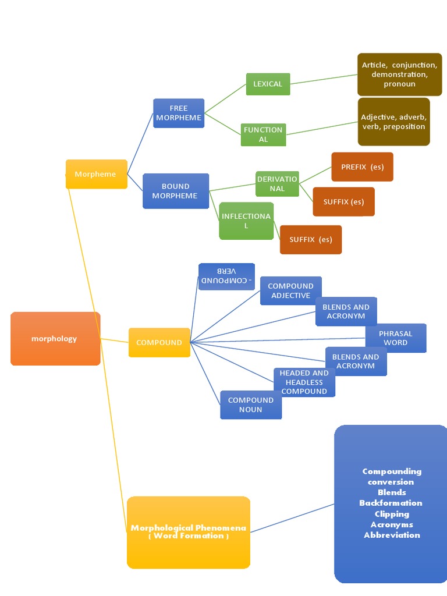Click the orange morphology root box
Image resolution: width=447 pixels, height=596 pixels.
point(55,339)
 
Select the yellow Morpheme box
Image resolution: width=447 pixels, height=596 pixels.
point(96,174)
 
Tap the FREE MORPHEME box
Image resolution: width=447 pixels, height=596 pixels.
point(179,113)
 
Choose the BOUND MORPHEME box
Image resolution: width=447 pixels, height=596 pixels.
point(175,191)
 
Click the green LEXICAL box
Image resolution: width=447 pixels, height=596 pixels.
point(268,84)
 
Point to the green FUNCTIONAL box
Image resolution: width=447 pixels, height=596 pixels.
point(263,134)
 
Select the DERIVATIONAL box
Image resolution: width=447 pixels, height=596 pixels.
point(277,184)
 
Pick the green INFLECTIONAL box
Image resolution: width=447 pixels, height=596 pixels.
point(246,221)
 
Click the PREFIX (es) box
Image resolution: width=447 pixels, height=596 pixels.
point(362,167)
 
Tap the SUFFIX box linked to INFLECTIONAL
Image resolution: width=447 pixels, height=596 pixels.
point(311,239)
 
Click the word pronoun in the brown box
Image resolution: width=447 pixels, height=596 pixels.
point(399,84)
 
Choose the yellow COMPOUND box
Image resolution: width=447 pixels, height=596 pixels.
point(159,342)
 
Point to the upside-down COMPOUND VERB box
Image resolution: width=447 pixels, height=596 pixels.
point(226,276)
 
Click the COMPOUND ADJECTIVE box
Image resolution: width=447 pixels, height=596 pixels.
point(290,290)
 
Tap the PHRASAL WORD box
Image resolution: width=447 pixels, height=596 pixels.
point(395,338)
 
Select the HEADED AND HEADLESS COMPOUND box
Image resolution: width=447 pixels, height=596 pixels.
point(304,382)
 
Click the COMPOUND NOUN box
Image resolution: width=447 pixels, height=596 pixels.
point(251,405)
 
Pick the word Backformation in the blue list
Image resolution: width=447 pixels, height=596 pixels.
point(391,503)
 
